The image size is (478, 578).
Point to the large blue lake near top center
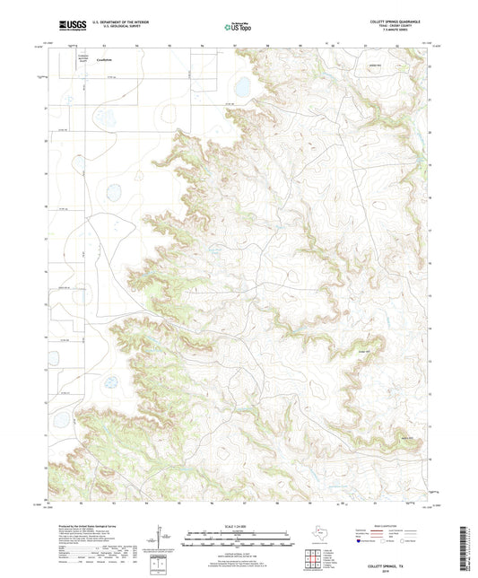coord(241,87)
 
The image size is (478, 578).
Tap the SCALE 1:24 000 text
coord(238,526)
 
